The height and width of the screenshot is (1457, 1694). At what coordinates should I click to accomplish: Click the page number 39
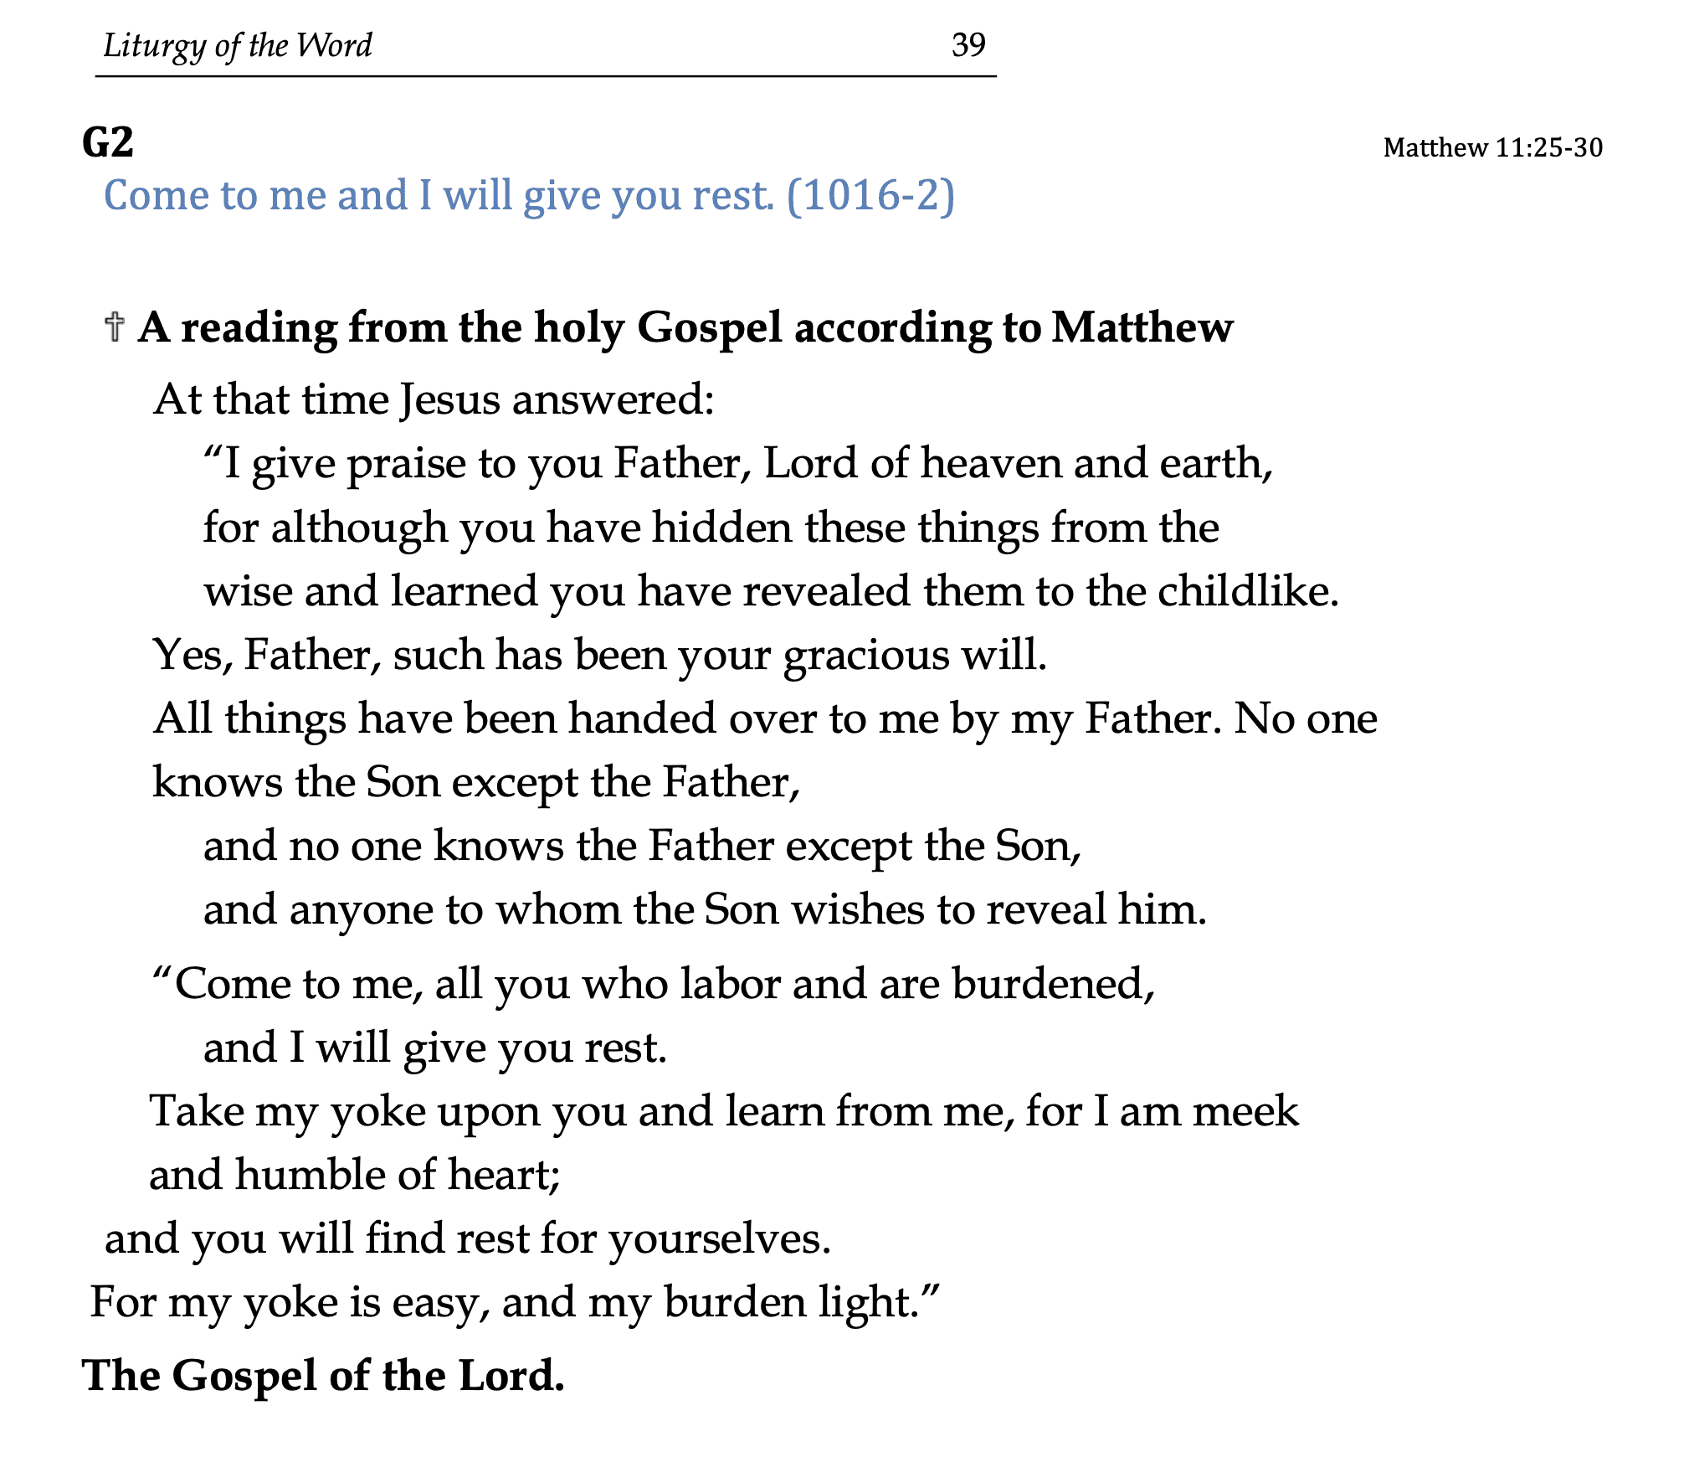[968, 44]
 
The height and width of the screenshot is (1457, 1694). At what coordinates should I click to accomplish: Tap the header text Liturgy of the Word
[237, 46]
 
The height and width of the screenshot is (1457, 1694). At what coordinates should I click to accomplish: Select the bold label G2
[108, 142]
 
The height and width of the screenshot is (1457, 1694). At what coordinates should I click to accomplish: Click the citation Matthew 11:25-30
[1492, 148]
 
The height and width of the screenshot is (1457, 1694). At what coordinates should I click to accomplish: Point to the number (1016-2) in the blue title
[870, 196]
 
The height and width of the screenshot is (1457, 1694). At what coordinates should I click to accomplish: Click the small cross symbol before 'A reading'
[115, 327]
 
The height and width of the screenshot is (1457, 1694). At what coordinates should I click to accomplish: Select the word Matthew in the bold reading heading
[1142, 327]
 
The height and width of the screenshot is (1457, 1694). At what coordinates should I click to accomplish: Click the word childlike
[1248, 591]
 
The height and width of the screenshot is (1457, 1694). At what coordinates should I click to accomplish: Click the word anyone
[361, 910]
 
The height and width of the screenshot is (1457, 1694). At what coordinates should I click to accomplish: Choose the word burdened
[1053, 984]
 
